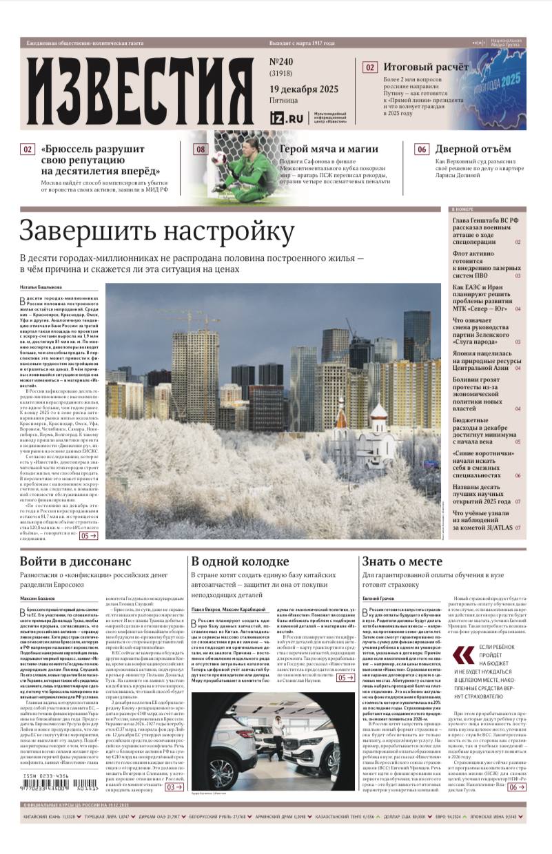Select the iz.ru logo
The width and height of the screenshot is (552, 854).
click(x=287, y=118)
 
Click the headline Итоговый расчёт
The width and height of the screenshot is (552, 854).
click(x=426, y=67)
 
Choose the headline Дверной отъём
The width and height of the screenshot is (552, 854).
click(x=473, y=149)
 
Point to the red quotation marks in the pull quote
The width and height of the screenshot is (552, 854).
click(x=464, y=655)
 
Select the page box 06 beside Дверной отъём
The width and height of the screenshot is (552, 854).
click(x=422, y=149)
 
